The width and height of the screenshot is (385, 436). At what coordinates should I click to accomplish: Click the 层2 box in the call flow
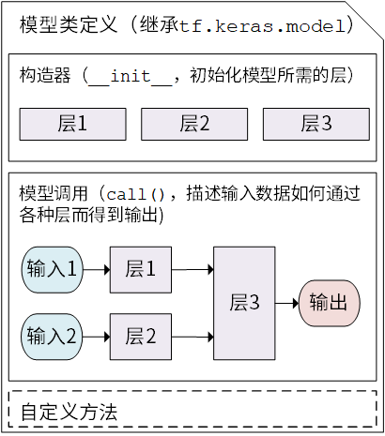(x=140, y=335)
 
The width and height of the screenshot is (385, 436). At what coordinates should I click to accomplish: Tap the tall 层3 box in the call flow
(x=244, y=303)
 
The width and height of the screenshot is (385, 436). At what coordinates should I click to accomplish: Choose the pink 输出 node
(x=329, y=303)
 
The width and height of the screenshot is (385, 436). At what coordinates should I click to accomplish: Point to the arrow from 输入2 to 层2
(x=96, y=335)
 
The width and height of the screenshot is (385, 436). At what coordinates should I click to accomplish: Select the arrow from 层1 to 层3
(x=192, y=270)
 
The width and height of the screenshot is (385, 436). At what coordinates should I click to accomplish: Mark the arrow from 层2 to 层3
(x=192, y=335)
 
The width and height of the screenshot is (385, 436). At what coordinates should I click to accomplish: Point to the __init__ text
(x=130, y=76)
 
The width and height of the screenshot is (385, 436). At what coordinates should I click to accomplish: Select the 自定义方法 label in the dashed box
(x=69, y=412)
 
